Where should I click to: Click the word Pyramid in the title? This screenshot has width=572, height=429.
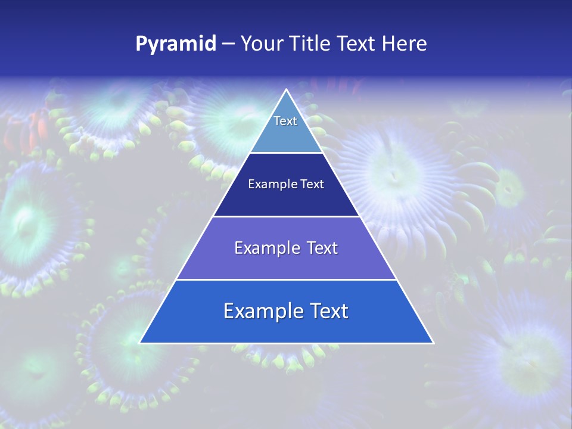(x=176, y=44)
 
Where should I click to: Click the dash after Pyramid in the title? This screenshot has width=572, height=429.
(x=228, y=44)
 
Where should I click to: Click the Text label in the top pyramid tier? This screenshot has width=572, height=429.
(x=285, y=121)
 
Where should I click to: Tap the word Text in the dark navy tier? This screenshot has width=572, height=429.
(x=312, y=185)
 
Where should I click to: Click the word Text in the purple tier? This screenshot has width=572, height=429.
(x=322, y=248)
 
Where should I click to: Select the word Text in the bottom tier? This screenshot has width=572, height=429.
(x=327, y=311)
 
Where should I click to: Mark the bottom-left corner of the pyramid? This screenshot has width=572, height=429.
(x=140, y=343)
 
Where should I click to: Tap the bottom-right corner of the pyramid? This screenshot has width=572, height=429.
(x=433, y=343)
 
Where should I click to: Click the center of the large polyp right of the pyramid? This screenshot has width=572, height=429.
(x=393, y=175)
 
